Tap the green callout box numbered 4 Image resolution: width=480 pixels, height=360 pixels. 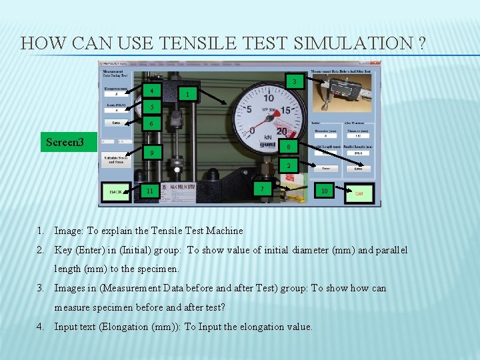(153, 91)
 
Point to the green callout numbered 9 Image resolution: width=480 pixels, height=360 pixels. (152, 153)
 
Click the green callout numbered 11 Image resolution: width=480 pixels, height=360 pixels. (150, 191)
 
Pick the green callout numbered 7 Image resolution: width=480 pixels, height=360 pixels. (263, 189)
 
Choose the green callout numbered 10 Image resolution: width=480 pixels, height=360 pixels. (324, 191)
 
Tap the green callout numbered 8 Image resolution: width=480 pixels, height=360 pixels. (288, 147)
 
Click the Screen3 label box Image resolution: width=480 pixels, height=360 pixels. (65, 142)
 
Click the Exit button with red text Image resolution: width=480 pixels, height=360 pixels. (359, 193)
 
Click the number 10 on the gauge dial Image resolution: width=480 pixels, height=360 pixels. (268, 98)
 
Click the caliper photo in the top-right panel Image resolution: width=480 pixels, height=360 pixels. (344, 92)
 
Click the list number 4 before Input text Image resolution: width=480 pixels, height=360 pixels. (41, 327)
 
